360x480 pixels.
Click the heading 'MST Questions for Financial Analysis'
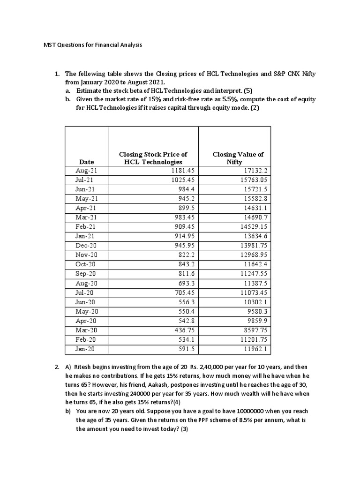pos(90,45)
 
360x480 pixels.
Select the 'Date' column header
pos(86,162)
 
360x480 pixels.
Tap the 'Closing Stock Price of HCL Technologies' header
pos(153,158)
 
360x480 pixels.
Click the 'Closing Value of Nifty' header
pos(238,158)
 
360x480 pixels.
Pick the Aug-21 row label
pos(86,171)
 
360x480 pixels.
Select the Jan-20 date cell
pos(86,350)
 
